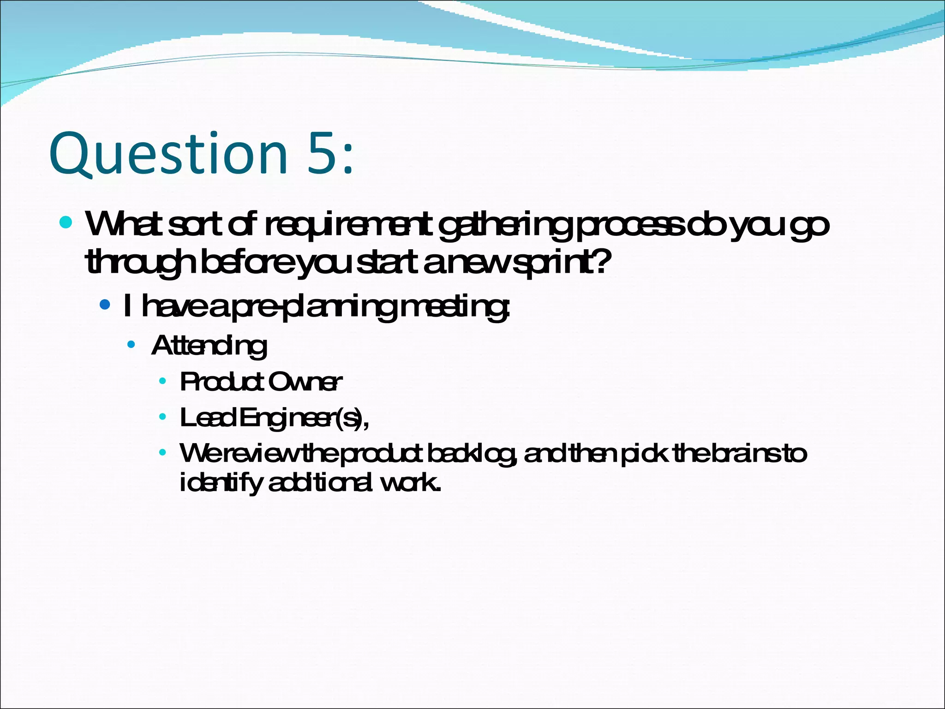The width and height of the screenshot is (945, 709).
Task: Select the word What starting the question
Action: click(123, 224)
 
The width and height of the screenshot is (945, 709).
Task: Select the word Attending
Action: click(209, 346)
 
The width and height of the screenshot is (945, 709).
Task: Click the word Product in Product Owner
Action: click(222, 382)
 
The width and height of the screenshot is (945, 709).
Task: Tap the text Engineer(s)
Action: click(303, 418)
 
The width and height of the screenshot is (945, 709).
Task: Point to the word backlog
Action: click(471, 454)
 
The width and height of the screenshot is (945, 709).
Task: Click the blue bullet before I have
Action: click(105, 305)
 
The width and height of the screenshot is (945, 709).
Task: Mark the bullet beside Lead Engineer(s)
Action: click(162, 417)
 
